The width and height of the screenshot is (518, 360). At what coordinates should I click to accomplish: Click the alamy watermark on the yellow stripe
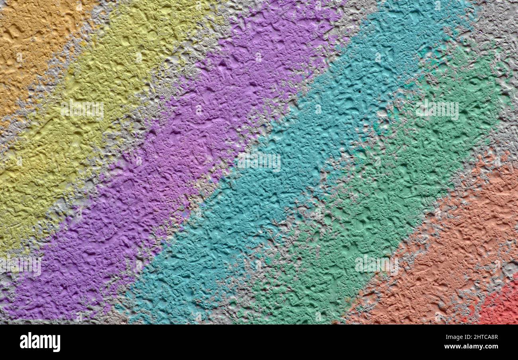[x=82, y=110]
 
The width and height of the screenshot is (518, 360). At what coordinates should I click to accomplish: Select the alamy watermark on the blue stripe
[x=259, y=161]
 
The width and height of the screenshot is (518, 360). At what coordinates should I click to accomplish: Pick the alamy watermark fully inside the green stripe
[x=437, y=110]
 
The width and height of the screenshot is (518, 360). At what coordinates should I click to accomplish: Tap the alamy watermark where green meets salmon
[x=376, y=265]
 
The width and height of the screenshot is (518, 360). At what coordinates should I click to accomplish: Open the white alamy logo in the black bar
[x=40, y=342]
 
